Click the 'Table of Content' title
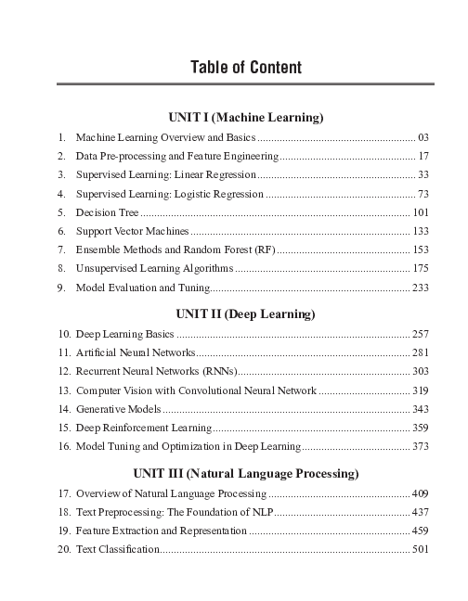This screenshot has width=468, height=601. click(x=246, y=68)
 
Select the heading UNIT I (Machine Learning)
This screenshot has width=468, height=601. click(x=245, y=118)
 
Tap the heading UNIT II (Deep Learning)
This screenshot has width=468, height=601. click(x=245, y=313)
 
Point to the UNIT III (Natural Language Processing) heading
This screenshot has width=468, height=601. click(x=245, y=473)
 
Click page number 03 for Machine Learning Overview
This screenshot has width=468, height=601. click(x=422, y=136)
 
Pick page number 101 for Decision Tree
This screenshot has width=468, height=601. click(x=420, y=212)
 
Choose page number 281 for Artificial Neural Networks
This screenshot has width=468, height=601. click(x=420, y=352)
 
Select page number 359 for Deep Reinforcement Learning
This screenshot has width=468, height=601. click(x=420, y=428)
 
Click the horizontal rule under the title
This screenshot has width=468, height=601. click(x=245, y=85)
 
